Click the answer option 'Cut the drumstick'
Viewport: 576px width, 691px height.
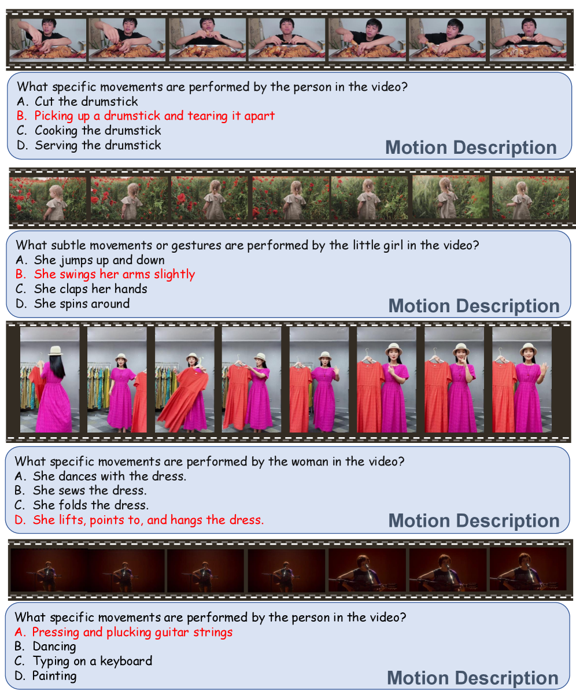tap(77, 101)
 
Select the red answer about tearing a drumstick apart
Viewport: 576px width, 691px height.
tap(145, 116)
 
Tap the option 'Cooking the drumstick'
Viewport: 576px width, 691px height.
tap(88, 131)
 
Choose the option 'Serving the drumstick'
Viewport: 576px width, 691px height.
tap(88, 145)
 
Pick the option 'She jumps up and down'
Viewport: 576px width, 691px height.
tap(90, 260)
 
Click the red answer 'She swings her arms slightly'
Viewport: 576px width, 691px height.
tap(105, 274)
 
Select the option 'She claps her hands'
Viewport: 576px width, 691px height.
tap(81, 289)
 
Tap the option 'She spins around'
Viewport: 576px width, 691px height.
tap(72, 303)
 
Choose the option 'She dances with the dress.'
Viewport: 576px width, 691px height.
tap(100, 476)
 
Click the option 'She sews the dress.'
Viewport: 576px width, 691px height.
tap(80, 490)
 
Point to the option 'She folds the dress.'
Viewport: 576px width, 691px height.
tap(81, 505)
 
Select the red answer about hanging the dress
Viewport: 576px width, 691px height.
tap(139, 520)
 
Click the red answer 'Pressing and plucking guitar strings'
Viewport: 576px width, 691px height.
tap(123, 632)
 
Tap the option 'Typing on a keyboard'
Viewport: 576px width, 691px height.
tap(83, 661)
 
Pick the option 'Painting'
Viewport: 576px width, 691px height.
tap(45, 675)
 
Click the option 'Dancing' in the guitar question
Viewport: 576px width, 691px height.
tap(45, 646)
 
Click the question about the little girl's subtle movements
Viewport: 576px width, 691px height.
tap(248, 245)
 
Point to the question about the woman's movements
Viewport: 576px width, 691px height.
tap(209, 461)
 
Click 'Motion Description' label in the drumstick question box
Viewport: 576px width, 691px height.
tap(471, 147)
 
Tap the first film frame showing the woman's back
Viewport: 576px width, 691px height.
tap(50, 379)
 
